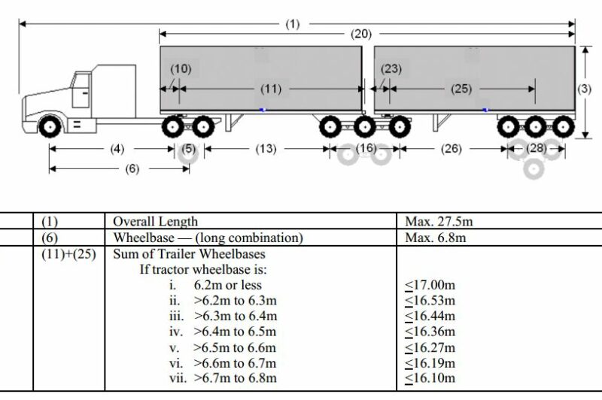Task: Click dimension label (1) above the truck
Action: pyautogui.click(x=292, y=24)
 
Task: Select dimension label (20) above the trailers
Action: pyautogui.click(x=360, y=35)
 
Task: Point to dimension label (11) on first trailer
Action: pyautogui.click(x=271, y=89)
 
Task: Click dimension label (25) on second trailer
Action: pyautogui.click(x=461, y=89)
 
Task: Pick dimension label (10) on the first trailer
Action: pyautogui.click(x=181, y=69)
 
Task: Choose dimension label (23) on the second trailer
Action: pyautogui.click(x=391, y=69)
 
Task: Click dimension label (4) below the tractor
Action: pyautogui.click(x=117, y=149)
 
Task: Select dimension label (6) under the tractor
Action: pyautogui.click(x=132, y=168)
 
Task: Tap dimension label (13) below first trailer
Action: pyautogui.click(x=266, y=149)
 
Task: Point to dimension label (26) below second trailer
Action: pyautogui.click(x=451, y=149)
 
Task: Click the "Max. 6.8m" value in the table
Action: pyautogui.click(x=436, y=238)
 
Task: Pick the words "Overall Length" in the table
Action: pyautogui.click(x=155, y=222)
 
